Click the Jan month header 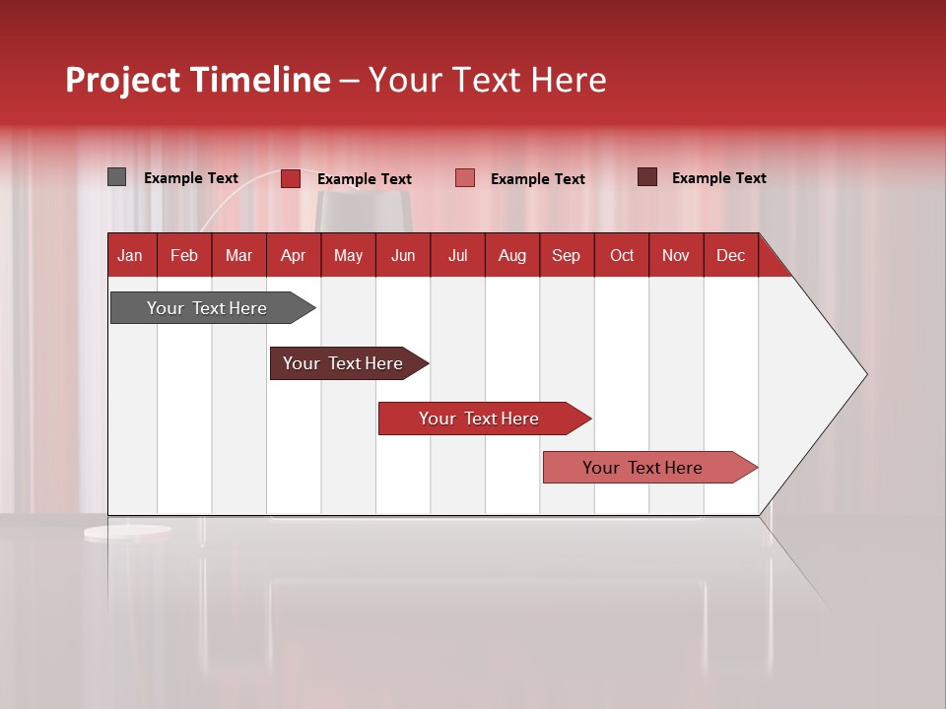click(x=130, y=255)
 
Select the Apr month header click(x=293, y=255)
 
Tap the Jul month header click(x=457, y=255)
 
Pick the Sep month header click(x=566, y=255)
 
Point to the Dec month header click(x=730, y=255)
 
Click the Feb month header click(x=184, y=255)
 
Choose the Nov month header click(x=675, y=255)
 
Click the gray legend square click(x=116, y=177)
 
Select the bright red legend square click(x=290, y=178)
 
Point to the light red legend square click(x=465, y=178)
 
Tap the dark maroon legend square click(x=646, y=177)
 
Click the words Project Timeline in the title click(x=197, y=80)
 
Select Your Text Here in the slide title click(x=487, y=80)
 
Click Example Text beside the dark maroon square click(x=718, y=178)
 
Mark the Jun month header click(x=403, y=255)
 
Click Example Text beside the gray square click(x=191, y=178)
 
